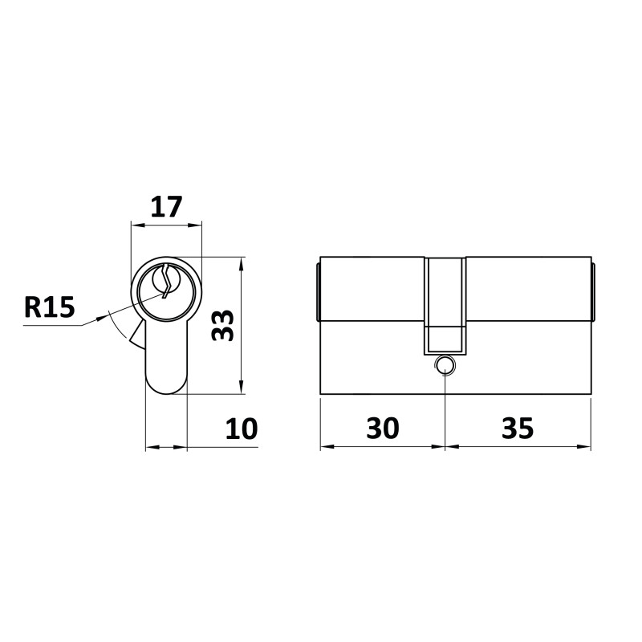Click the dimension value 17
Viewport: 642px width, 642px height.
tap(166, 207)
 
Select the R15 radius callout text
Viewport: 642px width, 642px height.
tap(50, 307)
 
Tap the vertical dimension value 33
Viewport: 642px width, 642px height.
tap(222, 325)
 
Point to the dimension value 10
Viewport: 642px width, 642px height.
tap(242, 429)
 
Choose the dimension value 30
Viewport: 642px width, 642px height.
tap(383, 429)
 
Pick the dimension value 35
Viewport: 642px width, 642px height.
tap(518, 429)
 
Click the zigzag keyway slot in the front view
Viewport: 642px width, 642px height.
tap(166, 282)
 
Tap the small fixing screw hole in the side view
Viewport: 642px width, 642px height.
tap(445, 365)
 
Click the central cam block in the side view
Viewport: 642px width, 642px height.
tap(445, 306)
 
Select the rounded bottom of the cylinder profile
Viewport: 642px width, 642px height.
tap(167, 385)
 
